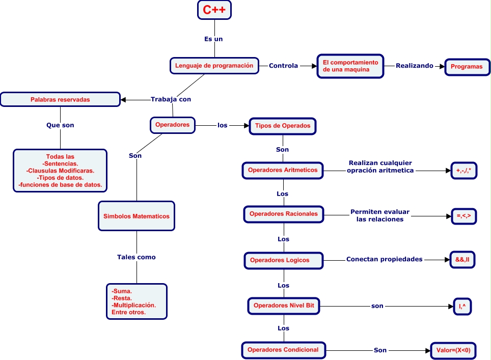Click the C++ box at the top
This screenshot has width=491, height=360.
214,10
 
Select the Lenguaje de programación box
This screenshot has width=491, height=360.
214,65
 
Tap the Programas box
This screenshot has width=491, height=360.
467,67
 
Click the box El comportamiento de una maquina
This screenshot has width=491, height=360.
350,66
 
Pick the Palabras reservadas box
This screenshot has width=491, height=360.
60,99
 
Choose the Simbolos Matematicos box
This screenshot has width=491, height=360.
137,216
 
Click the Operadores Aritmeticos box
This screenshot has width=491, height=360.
283,170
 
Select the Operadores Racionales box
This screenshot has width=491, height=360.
283,214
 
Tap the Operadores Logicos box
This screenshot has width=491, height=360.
283,260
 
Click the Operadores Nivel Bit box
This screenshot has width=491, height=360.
284,306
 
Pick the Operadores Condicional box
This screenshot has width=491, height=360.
283,350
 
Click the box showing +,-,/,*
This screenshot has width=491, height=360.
464,172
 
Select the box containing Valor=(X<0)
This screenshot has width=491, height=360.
453,350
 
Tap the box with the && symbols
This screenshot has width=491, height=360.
462,259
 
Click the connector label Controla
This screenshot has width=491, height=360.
283,66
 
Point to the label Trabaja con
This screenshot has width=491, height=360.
171,99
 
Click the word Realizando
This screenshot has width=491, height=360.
415,66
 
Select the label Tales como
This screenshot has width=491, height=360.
136,257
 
